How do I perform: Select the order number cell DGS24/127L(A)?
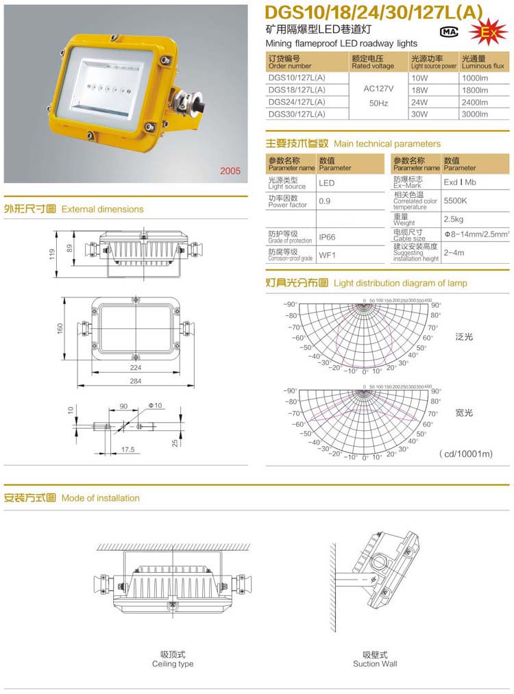pyautogui.click(x=297, y=102)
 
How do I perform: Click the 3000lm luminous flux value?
pyautogui.click(x=475, y=114)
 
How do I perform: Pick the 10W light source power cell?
pyautogui.click(x=419, y=78)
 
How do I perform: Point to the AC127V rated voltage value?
pyautogui.click(x=376, y=89)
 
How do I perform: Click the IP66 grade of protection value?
pyautogui.click(x=328, y=237)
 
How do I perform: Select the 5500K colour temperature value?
pyautogui.click(x=456, y=201)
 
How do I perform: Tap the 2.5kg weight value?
pyautogui.click(x=454, y=219)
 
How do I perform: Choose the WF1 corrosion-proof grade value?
pyautogui.click(x=327, y=255)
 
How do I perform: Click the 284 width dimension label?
pyautogui.click(x=136, y=381)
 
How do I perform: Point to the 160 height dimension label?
pyautogui.click(x=62, y=329)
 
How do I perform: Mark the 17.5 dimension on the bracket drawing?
pyautogui.click(x=127, y=449)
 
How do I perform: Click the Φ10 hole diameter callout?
pyautogui.click(x=155, y=406)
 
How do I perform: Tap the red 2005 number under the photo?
pyautogui.click(x=230, y=171)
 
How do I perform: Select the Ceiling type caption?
pyautogui.click(x=173, y=664)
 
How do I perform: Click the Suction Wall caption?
pyautogui.click(x=375, y=664)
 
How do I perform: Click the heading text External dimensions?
pyautogui.click(x=103, y=209)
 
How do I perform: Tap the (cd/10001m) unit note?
pyautogui.click(x=466, y=454)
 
